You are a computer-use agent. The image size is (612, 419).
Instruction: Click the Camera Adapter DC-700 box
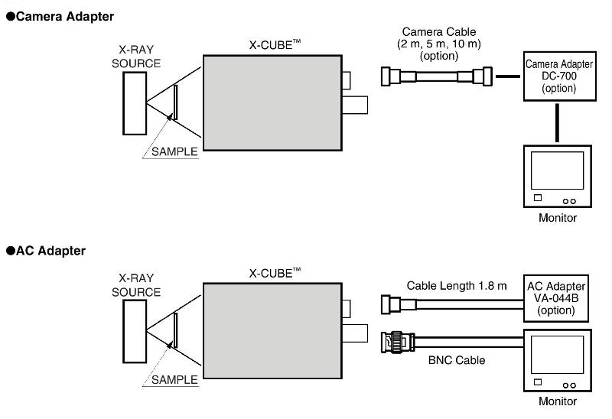point(560,76)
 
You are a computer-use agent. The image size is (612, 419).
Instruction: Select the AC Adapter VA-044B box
point(556,298)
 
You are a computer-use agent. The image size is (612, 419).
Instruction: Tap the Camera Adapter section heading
point(60,16)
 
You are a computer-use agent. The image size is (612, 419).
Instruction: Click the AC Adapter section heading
point(46,251)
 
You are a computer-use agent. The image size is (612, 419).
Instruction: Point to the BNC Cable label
point(457,360)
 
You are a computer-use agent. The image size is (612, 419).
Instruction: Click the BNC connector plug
point(397,343)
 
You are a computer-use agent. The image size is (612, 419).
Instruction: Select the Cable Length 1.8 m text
point(457,286)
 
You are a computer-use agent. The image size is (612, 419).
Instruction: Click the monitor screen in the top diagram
point(557,171)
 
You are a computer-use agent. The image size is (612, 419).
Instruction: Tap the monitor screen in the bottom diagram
point(557,355)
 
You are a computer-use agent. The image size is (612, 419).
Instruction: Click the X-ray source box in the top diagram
point(135,103)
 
